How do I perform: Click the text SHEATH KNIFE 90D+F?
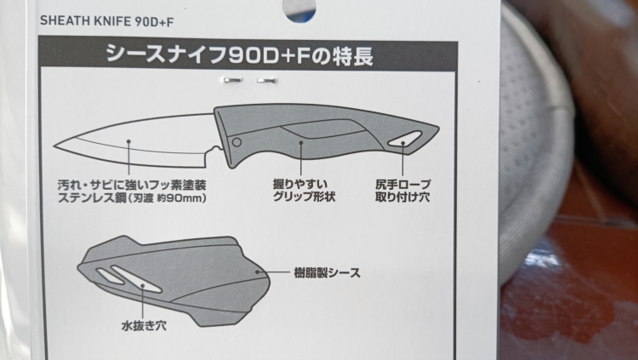tap(106, 21)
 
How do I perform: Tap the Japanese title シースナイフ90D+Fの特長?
tap(239, 55)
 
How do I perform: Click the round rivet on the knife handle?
tap(236, 142)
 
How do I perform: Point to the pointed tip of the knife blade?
tap(55, 146)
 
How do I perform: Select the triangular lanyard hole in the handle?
tap(404, 140)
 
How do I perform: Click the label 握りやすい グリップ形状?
tap(304, 191)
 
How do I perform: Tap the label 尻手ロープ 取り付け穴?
tap(402, 191)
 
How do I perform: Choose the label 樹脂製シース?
tap(328, 272)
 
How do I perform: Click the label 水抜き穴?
tap(144, 325)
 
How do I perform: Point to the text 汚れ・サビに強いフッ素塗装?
tap(132, 186)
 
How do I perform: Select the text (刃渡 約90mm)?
tap(168, 198)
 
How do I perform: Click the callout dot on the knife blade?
tap(128, 142)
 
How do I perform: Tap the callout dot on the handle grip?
tap(301, 142)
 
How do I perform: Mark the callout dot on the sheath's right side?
tap(257, 271)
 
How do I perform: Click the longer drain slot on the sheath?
tap(136, 279)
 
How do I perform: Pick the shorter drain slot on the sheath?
tap(111, 276)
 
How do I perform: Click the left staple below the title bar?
tap(233, 80)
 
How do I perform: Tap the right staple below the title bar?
tap(266, 81)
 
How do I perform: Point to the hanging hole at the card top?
tap(300, 10)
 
